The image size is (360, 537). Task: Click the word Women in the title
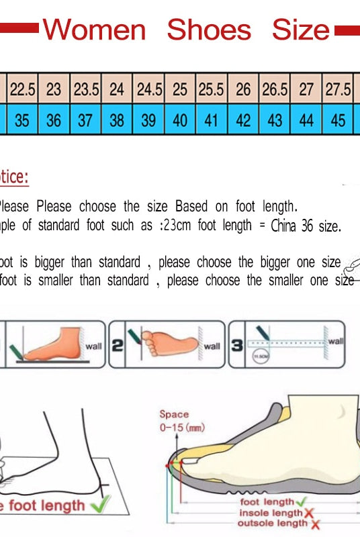click(94, 30)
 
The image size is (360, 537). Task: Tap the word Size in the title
click(300, 30)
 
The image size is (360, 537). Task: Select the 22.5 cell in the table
click(22, 89)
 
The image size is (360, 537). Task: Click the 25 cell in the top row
click(180, 89)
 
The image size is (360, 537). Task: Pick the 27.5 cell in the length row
click(338, 89)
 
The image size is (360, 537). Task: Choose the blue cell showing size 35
click(22, 120)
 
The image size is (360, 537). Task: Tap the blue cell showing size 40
click(180, 120)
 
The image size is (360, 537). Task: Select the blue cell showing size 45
click(339, 120)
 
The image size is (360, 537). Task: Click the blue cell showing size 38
click(117, 120)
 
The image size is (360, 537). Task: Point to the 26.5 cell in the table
click(275, 89)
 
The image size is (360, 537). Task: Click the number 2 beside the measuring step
click(117, 346)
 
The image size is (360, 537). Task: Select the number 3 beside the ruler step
click(236, 346)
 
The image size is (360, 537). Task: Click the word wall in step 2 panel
click(212, 346)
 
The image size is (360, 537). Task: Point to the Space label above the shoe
click(174, 415)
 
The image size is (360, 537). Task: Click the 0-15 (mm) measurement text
click(181, 428)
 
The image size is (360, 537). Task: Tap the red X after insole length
click(310, 514)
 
